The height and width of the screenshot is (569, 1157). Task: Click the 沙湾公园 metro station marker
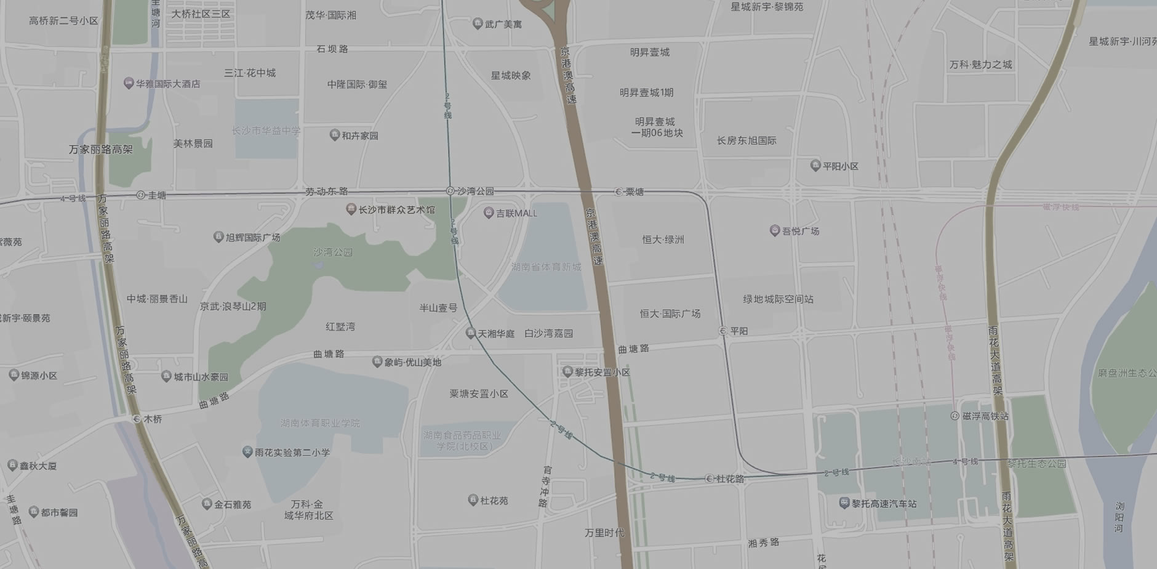(x=450, y=191)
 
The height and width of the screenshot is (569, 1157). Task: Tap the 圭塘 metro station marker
(x=141, y=195)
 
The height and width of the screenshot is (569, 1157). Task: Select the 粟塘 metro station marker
(x=619, y=192)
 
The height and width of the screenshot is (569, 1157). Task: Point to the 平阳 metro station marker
(x=723, y=331)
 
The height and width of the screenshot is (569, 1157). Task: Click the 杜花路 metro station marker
(x=709, y=478)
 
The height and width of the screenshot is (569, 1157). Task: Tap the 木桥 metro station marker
(x=137, y=419)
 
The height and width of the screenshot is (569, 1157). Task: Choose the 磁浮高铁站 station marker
(x=955, y=416)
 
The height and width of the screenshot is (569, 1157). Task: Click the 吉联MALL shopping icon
(x=489, y=213)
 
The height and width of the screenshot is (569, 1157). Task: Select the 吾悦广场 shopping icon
(x=775, y=231)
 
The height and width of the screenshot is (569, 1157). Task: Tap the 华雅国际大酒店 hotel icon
(x=129, y=83)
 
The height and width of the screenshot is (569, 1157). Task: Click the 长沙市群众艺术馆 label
(x=396, y=210)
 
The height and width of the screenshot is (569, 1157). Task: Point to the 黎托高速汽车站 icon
(x=844, y=503)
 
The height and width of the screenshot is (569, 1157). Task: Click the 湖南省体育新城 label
(x=546, y=267)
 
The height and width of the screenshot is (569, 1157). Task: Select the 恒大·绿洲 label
(x=663, y=240)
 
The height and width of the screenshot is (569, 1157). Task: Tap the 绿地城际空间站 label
(x=778, y=299)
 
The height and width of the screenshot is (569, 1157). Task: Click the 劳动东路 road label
(x=326, y=192)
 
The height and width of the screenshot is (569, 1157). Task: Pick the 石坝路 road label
(x=332, y=49)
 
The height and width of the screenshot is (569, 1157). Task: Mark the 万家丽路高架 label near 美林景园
(x=100, y=150)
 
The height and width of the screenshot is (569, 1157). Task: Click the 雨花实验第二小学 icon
(x=247, y=452)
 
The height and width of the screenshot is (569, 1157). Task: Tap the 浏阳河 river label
(x=1119, y=517)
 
